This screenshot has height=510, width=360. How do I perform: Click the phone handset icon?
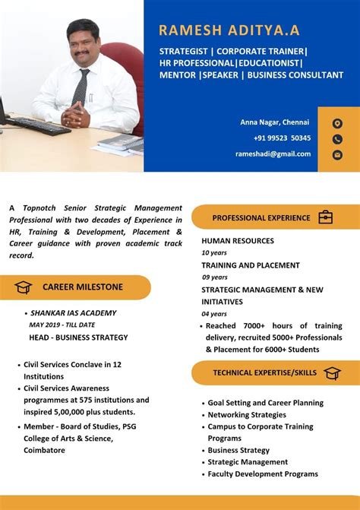click(x=337, y=139)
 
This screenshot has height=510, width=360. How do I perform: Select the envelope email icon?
click(x=337, y=154)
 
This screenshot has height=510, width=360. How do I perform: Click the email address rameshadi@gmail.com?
click(x=273, y=154)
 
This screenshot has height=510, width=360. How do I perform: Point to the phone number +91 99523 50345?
click(x=282, y=138)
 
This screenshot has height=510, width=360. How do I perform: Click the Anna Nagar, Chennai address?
click(x=275, y=122)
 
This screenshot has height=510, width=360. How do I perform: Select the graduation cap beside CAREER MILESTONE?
click(x=23, y=287)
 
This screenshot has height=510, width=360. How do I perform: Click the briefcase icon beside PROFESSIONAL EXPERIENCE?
click(x=325, y=217)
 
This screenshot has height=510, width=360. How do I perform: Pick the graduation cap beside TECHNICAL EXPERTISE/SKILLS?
click(x=332, y=372)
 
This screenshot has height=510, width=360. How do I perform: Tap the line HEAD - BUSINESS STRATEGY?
click(x=78, y=337)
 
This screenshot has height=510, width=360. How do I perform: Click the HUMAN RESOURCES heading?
click(x=238, y=241)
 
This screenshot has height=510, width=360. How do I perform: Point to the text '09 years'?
click(x=214, y=277)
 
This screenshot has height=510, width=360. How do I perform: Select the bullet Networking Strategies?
click(x=247, y=415)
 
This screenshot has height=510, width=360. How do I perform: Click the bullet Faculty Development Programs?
click(x=263, y=474)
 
